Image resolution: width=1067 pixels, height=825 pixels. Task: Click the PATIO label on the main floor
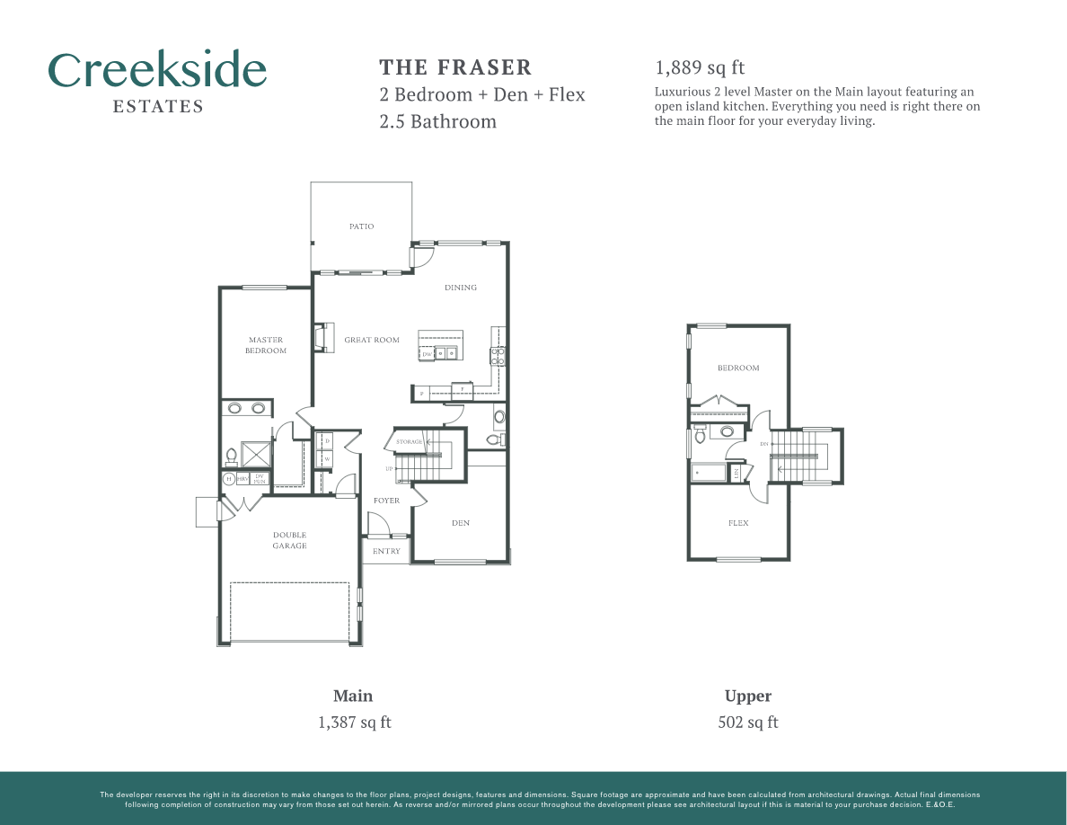(361, 226)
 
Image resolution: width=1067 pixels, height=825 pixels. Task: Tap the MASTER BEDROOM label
(266, 345)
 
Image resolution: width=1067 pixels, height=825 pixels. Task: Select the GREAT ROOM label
(372, 340)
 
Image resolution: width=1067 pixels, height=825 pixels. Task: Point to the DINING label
(461, 288)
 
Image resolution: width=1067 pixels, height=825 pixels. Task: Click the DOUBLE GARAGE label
(289, 540)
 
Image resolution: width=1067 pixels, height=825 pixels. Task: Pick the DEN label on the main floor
(461, 523)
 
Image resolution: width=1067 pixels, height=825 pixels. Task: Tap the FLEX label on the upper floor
(738, 523)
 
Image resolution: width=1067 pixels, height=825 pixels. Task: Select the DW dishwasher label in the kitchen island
(428, 354)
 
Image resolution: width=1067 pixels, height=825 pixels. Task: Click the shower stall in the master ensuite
(256, 454)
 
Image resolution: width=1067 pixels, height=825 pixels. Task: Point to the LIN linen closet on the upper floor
(736, 473)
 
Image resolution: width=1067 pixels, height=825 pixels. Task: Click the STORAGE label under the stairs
(410, 442)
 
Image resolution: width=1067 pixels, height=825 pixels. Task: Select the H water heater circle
(228, 479)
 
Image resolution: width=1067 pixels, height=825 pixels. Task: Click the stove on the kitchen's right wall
(497, 356)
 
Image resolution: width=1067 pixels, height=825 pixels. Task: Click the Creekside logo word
(157, 70)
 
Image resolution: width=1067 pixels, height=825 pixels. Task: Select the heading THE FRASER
(455, 67)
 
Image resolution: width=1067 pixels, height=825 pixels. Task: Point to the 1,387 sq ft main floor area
(355, 722)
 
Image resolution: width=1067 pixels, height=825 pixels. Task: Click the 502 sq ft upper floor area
(748, 722)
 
